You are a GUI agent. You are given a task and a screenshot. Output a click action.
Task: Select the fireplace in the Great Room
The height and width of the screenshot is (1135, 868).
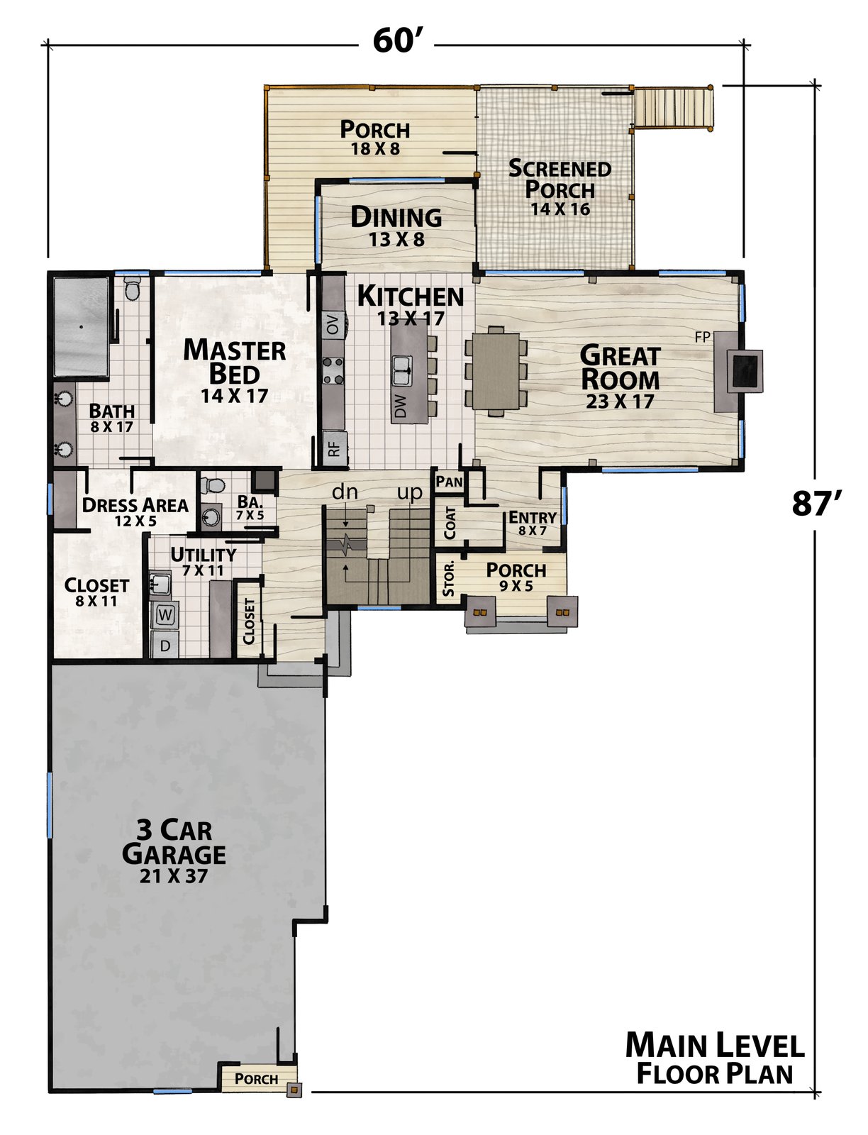click(x=738, y=371)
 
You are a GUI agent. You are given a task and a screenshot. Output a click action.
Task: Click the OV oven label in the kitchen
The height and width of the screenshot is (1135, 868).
click(x=333, y=325)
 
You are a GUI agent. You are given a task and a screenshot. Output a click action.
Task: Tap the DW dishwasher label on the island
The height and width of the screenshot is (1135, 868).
click(x=400, y=406)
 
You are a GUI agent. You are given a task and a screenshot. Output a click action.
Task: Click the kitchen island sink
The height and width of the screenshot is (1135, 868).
click(x=401, y=370)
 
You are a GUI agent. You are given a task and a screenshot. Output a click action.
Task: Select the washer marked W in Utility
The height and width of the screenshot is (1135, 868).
click(x=165, y=615)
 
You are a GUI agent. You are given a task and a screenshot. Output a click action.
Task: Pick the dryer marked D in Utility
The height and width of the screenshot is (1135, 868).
click(x=165, y=645)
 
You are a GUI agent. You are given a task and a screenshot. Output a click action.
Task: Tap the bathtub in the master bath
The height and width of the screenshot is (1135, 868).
click(x=81, y=327)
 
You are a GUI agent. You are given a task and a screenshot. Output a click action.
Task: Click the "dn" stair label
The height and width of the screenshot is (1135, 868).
click(x=345, y=491)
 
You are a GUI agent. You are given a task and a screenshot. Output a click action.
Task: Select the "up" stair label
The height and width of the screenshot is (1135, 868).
click(x=410, y=493)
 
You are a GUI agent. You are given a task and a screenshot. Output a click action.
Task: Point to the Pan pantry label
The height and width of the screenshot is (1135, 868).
click(x=450, y=482)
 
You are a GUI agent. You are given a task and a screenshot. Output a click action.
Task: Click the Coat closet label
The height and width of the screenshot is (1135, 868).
click(x=450, y=523)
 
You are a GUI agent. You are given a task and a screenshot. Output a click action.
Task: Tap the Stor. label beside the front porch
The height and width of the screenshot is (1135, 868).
click(x=449, y=578)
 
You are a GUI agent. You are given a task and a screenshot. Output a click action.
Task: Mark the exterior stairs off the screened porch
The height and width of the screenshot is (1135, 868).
click(x=672, y=108)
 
